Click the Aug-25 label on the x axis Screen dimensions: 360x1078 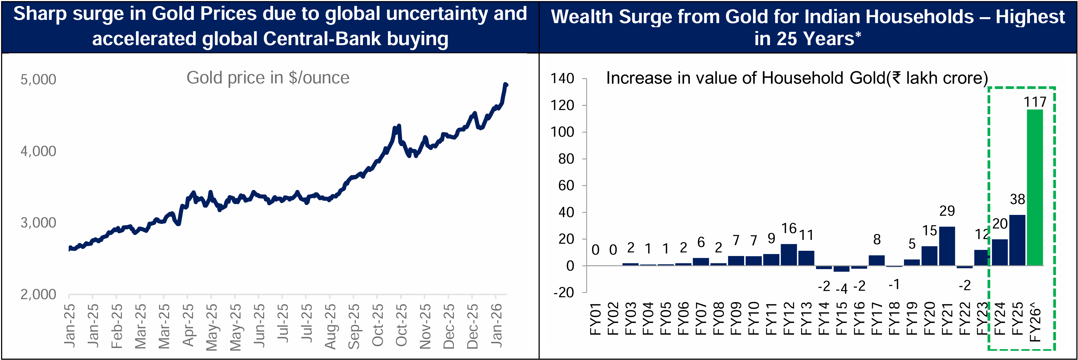(x=330, y=327)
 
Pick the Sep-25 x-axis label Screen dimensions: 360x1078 (x=354, y=327)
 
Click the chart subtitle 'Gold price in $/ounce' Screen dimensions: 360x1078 (x=268, y=78)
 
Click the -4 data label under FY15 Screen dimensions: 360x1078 (x=842, y=289)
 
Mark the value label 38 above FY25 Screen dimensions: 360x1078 (x=1017, y=199)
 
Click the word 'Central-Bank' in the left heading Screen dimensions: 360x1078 (x=322, y=39)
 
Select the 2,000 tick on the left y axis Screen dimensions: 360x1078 (x=38, y=294)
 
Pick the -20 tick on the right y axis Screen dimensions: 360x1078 (x=563, y=293)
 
